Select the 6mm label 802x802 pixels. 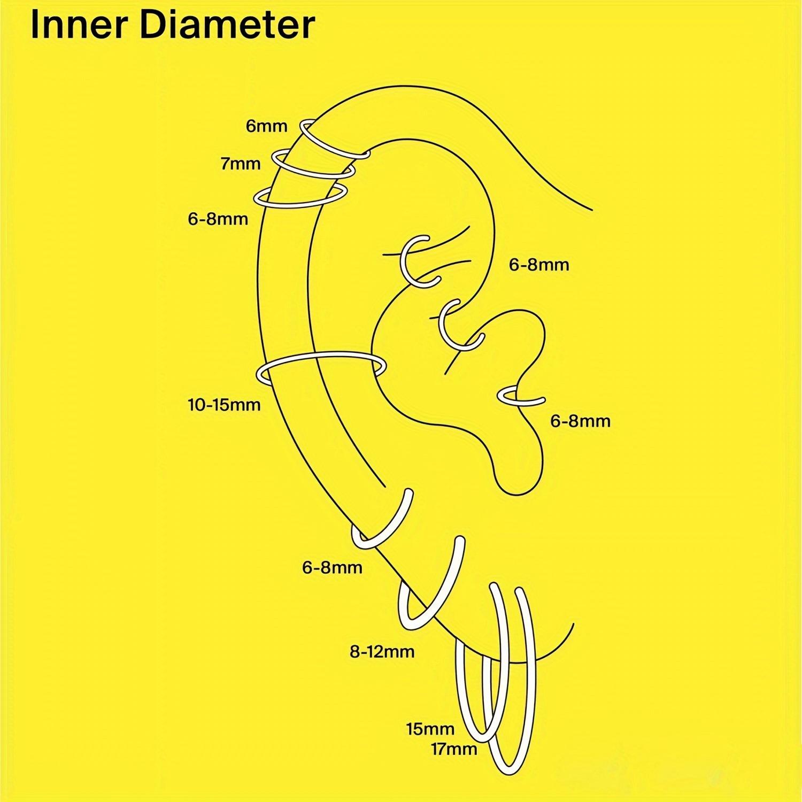coord(266,126)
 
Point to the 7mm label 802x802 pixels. coord(240,163)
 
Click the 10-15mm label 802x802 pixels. coord(224,405)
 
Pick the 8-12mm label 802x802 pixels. coord(382,652)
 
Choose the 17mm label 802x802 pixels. coord(454,749)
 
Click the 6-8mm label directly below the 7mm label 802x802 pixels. coord(218,219)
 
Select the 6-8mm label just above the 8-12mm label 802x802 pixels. coord(332,567)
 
